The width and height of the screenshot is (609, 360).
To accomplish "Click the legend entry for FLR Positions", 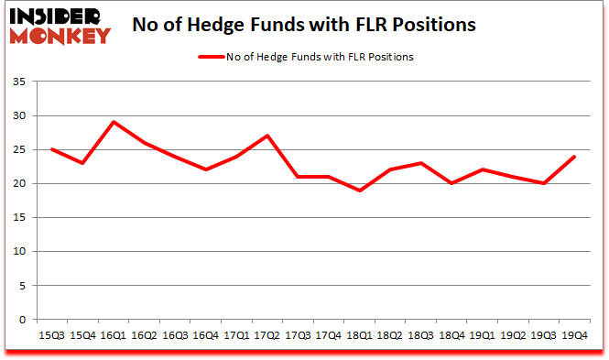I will pyautogui.click(x=306, y=57).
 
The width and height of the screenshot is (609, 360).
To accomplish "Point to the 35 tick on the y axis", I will pyautogui.click(x=18, y=82).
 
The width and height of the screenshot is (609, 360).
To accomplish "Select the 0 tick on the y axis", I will pyautogui.click(x=22, y=320).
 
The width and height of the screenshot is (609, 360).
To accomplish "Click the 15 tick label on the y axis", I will pyautogui.click(x=18, y=218).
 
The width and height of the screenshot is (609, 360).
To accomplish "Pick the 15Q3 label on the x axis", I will pyautogui.click(x=52, y=336).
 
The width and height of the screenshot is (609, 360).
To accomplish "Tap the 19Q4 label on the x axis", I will pyautogui.click(x=572, y=336).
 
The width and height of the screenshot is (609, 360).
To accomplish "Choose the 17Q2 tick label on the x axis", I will pyautogui.click(x=266, y=336).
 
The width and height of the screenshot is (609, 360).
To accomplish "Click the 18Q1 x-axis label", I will pyautogui.click(x=358, y=336).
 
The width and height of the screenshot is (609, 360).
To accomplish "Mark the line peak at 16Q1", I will pyautogui.click(x=114, y=122).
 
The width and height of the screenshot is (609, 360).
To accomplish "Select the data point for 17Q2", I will pyautogui.click(x=266, y=136).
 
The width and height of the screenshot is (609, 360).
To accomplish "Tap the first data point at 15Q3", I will pyautogui.click(x=52, y=149).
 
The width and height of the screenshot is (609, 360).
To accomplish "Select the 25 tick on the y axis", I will pyautogui.click(x=18, y=150).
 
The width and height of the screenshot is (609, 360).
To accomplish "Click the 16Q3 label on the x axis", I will pyautogui.click(x=175, y=336).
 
